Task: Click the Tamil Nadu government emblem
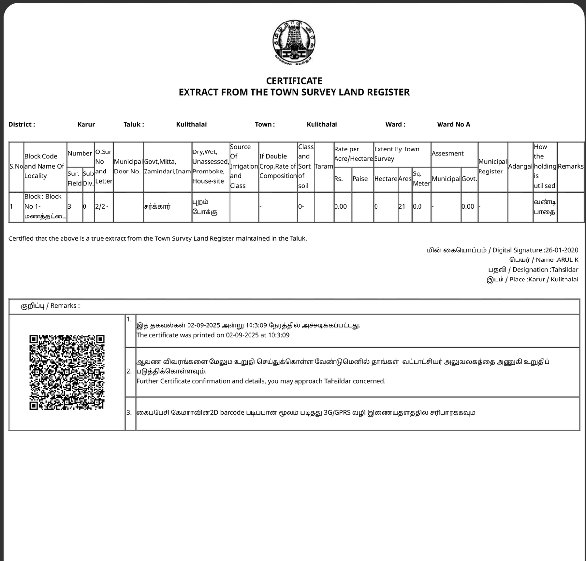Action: click(294, 42)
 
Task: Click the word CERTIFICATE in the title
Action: click(294, 81)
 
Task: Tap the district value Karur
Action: click(86, 124)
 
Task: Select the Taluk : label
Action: click(133, 124)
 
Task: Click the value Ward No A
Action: click(453, 124)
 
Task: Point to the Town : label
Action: click(265, 124)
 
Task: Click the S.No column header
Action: click(16, 166)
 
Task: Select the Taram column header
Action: click(323, 166)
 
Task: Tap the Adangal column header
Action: click(520, 166)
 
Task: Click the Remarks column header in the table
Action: click(570, 166)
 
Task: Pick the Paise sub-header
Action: click(360, 179)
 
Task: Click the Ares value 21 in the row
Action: click(402, 206)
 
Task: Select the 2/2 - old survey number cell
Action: click(102, 206)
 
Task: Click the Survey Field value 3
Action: click(69, 206)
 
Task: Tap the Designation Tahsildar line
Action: click(533, 270)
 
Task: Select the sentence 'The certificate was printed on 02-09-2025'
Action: click(212, 335)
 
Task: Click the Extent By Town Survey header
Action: click(396, 153)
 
